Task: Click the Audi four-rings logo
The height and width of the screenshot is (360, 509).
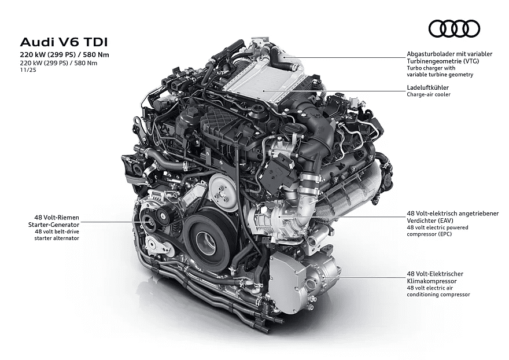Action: (x=454, y=28)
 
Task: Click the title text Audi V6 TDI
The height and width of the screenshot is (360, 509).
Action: (x=64, y=42)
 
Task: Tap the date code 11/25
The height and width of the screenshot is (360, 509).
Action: (x=28, y=70)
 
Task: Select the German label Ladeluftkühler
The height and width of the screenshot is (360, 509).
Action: (x=428, y=87)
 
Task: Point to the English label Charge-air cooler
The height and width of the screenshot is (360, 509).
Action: (x=429, y=94)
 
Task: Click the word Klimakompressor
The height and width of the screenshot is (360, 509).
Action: (x=431, y=281)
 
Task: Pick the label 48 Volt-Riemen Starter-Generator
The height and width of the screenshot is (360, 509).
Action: (x=54, y=221)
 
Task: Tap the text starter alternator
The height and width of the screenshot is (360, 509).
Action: (x=57, y=238)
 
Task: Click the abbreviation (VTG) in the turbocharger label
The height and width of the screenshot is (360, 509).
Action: (x=470, y=61)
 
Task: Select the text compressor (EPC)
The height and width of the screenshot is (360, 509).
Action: (x=429, y=234)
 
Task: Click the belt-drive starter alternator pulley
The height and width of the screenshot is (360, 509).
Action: (x=149, y=221)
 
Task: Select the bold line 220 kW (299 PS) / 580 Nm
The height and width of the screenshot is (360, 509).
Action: (x=65, y=54)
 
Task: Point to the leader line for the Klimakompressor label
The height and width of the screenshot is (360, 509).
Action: (x=365, y=277)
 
